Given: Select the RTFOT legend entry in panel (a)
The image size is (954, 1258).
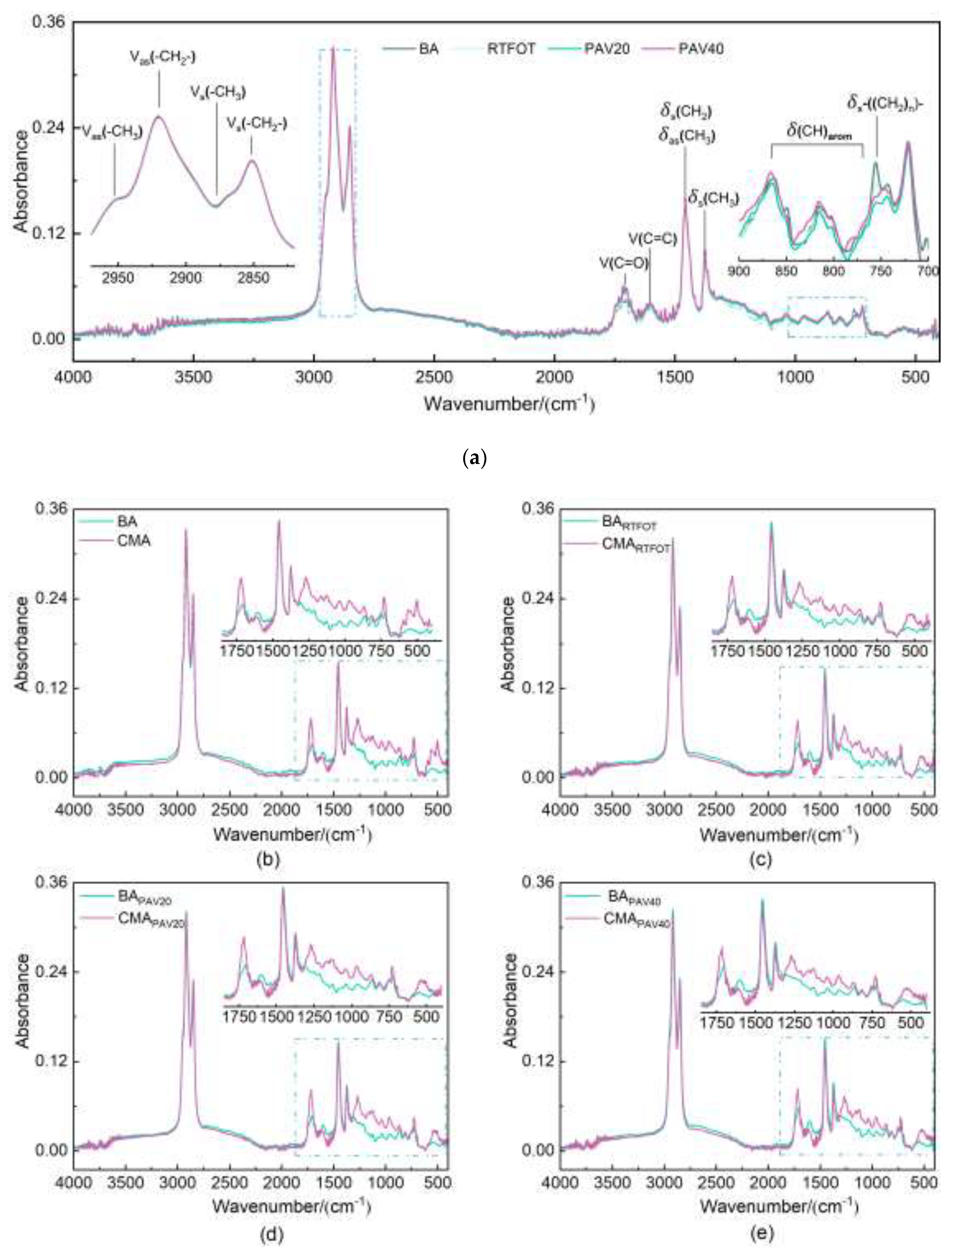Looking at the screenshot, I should [x=511, y=48].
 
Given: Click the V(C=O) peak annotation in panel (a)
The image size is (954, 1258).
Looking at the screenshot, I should [x=623, y=263].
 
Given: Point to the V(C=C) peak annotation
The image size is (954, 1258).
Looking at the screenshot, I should [x=653, y=239].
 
